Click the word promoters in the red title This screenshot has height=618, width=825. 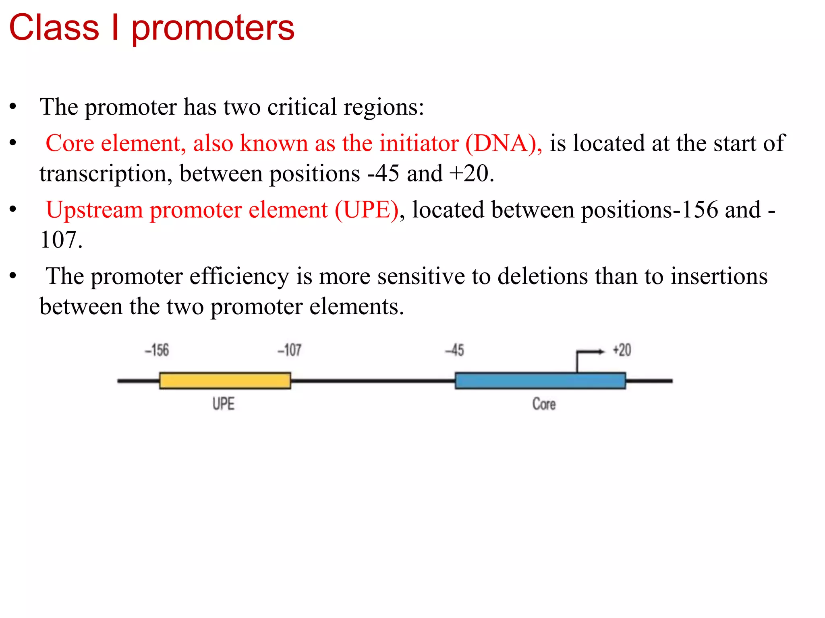click(x=213, y=29)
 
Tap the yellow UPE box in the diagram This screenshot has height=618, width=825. click(x=225, y=381)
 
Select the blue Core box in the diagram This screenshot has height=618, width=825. click(x=540, y=381)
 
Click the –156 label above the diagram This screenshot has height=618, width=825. click(x=157, y=350)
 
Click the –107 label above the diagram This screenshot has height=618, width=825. click(x=289, y=350)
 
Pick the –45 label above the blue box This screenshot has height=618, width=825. click(x=454, y=350)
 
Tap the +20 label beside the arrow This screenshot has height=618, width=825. click(x=622, y=350)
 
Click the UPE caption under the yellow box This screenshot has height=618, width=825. click(x=223, y=404)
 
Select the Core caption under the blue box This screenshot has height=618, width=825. click(x=544, y=404)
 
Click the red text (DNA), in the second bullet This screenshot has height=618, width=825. click(x=504, y=143)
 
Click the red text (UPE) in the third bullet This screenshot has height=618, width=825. click(x=367, y=210)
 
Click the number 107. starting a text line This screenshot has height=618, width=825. click(x=61, y=240)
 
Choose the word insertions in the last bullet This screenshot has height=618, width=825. click(x=719, y=276)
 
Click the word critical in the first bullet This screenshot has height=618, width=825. click(x=302, y=107)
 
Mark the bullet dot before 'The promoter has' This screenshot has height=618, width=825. click(x=13, y=107)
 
